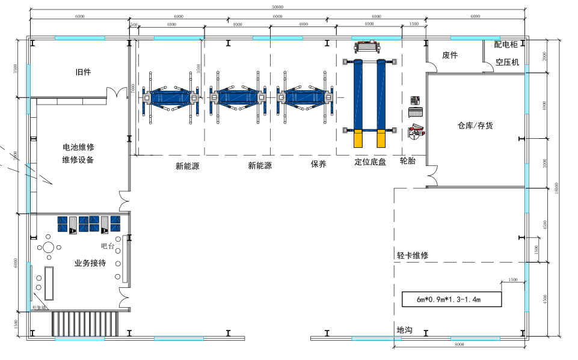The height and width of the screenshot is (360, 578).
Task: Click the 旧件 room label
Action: [83, 72]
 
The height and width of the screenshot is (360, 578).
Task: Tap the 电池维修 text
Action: [78, 147]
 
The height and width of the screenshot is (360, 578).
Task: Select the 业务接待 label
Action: [90, 263]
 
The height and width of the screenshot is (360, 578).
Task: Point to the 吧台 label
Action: [108, 246]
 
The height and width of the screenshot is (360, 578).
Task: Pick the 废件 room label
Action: [450, 55]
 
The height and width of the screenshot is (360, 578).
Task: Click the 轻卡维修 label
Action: [413, 255]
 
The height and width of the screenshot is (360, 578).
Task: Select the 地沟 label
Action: [404, 330]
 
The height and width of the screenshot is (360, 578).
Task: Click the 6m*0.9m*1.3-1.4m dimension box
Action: [451, 299]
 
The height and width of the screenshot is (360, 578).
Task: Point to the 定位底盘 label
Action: [370, 162]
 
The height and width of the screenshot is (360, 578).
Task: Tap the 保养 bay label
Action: [318, 164]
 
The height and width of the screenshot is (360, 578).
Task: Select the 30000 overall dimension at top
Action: [277, 7]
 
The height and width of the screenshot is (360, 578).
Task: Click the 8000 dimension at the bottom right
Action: [459, 344]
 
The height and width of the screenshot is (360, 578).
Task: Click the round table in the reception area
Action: [48, 246]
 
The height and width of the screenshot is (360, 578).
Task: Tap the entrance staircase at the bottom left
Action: [87, 325]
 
